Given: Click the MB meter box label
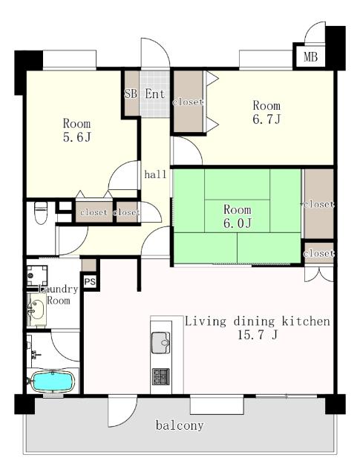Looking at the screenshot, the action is pos(310,56).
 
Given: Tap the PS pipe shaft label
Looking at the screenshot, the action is pos(90,282).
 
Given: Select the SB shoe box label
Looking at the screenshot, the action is pos(131,94).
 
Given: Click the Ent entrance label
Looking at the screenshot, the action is pos(155,94).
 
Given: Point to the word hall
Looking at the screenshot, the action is pos(155,174).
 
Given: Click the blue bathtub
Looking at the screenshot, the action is pos(53,381).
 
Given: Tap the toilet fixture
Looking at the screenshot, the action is pos(41,213).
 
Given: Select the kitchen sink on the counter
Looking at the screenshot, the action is pos(160,343).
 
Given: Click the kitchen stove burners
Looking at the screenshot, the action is pos(161,376).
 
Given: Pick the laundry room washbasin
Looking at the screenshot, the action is pos(36,309).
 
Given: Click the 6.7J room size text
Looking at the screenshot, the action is pos(266,119).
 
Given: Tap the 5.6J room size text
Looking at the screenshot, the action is pos(77,137).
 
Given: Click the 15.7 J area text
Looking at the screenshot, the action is pos(258,335).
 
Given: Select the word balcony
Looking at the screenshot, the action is pos(180,425).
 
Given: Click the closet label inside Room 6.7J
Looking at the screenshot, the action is pos(188,102).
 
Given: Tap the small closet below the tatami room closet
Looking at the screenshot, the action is pos(318,253).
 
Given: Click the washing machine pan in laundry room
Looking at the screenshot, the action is pos(37,275).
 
